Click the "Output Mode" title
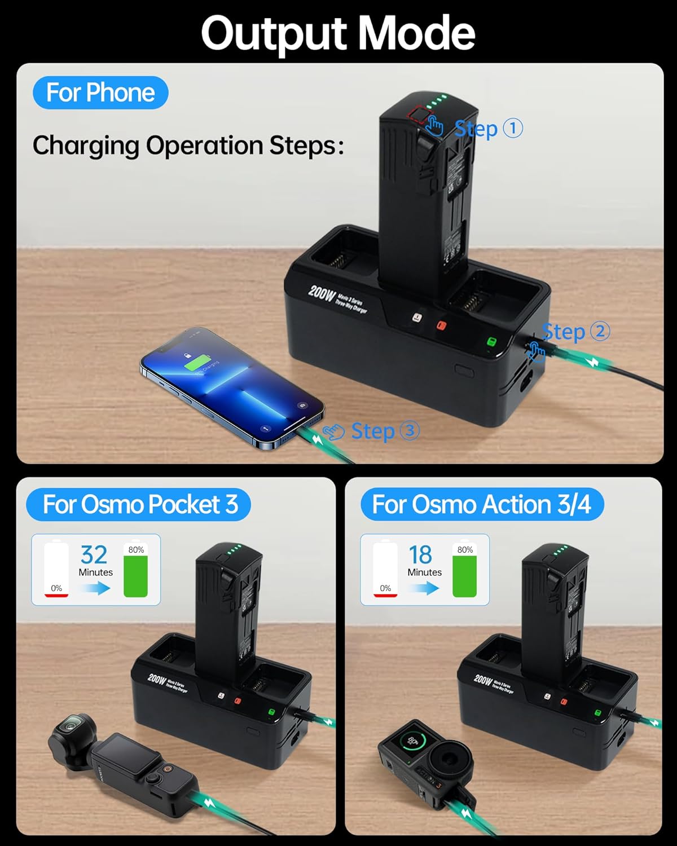coord(338,33)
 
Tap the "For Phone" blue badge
coord(100,92)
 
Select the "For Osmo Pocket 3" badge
coord(139,504)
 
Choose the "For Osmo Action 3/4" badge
coord(481,504)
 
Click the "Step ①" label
coord(489,129)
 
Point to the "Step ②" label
coord(575,331)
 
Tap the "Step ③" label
coord(385,431)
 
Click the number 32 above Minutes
coord(94,555)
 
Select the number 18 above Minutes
coord(421,555)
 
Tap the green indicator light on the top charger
coord(491,342)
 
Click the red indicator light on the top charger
coord(441,327)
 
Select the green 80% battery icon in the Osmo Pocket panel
coord(135,575)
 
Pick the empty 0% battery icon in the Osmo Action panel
coord(385,569)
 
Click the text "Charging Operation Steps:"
coord(188,146)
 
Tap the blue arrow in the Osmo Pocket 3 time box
coord(94,588)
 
